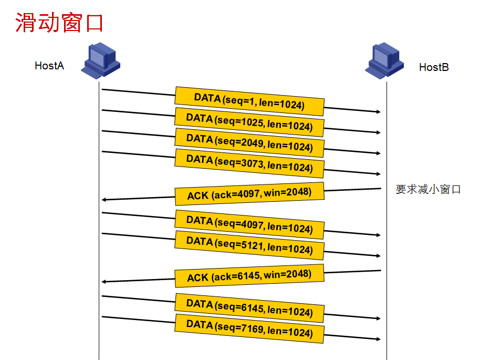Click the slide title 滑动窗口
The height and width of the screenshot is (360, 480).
point(59,23)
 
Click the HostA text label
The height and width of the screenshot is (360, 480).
point(49,66)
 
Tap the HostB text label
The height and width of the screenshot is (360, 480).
point(434,67)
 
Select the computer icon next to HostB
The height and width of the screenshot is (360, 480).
point(385,60)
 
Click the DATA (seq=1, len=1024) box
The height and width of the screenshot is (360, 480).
point(249,101)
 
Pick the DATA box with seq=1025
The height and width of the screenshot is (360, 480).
point(249,122)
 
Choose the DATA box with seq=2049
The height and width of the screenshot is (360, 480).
point(249,143)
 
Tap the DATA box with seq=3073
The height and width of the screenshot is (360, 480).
point(249,163)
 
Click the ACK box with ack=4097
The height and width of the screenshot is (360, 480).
point(249,194)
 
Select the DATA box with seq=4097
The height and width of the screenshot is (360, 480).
point(249,224)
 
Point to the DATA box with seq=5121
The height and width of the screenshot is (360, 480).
point(249,245)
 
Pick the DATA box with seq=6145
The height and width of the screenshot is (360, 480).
point(249,308)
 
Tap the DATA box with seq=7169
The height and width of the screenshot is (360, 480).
point(249,328)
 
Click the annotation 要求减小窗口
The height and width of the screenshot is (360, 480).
point(428,190)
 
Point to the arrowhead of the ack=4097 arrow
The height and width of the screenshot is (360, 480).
point(105,200)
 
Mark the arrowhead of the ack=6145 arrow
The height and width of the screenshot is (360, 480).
point(105,282)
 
